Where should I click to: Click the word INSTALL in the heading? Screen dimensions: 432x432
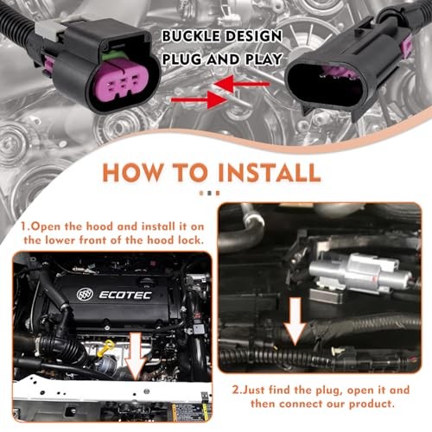tap(262, 171)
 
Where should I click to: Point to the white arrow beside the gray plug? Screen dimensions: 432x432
tap(295, 320)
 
